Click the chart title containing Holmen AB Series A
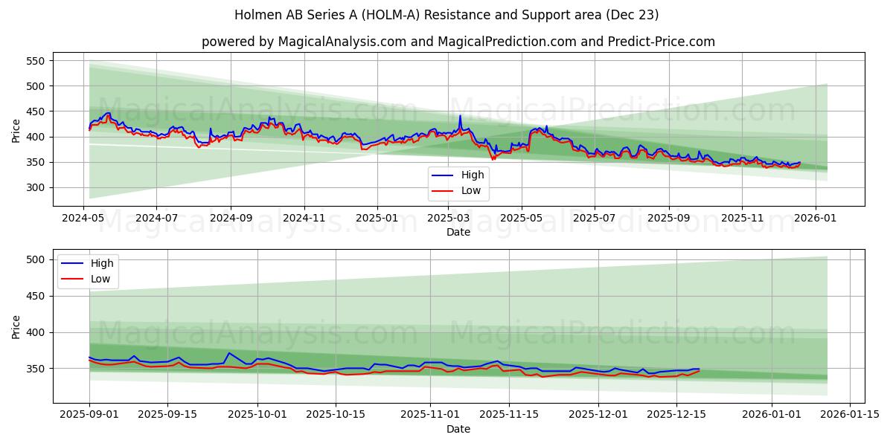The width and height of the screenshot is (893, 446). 446,15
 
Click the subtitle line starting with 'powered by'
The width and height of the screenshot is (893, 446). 458,42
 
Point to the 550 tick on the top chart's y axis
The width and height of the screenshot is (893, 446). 36,61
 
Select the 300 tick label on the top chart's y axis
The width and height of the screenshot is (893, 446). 36,187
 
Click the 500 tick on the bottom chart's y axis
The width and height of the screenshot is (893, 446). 36,259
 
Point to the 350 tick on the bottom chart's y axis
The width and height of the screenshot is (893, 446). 36,369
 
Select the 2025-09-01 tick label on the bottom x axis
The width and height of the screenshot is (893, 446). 89,414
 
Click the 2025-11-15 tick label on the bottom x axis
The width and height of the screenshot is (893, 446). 509,414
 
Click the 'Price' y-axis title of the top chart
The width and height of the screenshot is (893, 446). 16,130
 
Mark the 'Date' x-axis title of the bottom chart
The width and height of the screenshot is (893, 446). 458,429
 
